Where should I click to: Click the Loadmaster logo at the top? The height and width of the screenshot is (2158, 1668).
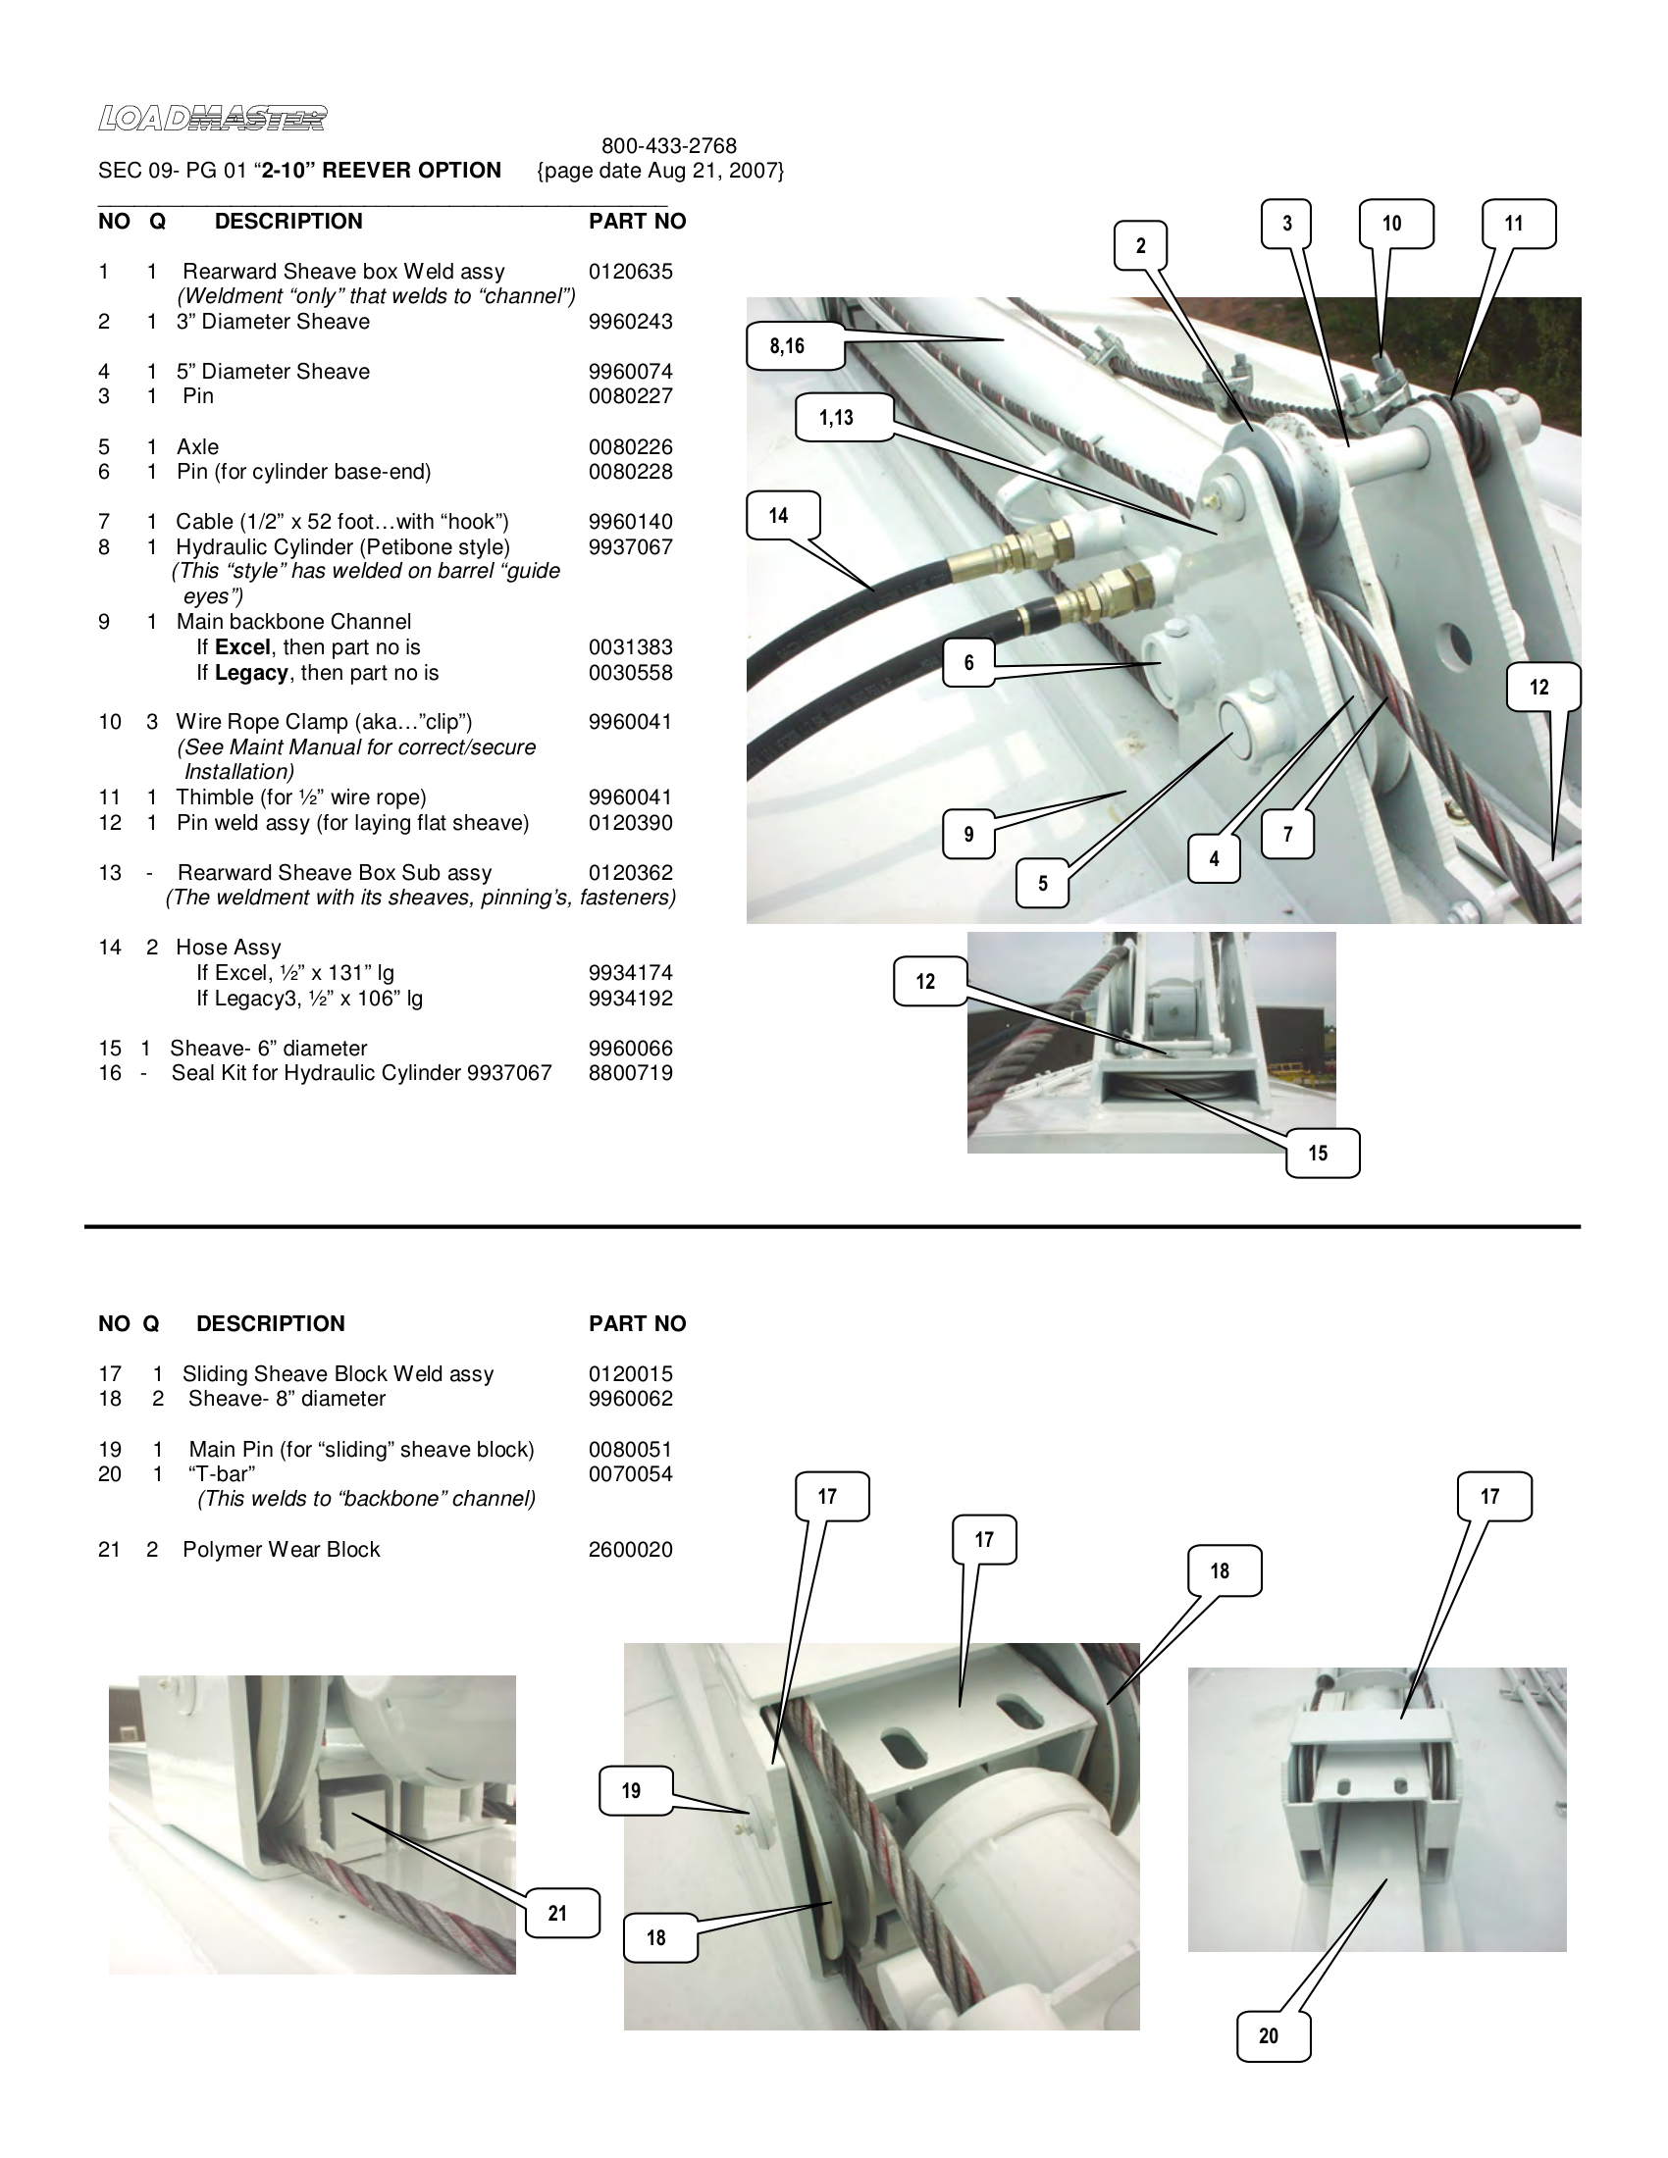tap(212, 119)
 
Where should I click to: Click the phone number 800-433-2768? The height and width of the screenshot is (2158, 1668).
tap(668, 146)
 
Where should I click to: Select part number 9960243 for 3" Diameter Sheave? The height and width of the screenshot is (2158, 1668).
tap(630, 322)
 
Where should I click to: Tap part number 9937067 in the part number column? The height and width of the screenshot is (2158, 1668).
tap(630, 547)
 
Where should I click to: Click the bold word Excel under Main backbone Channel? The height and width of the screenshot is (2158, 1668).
tap(242, 648)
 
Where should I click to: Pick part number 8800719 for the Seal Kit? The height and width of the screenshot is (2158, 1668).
tap(630, 1073)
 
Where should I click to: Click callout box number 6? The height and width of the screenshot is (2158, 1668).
tap(967, 662)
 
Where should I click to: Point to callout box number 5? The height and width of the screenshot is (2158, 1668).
tap(1041, 884)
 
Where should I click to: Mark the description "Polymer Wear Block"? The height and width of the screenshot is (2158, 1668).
tap(281, 1549)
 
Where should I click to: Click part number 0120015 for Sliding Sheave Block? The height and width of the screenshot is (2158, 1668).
tap(630, 1374)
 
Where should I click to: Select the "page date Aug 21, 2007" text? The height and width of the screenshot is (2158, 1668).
tap(660, 171)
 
